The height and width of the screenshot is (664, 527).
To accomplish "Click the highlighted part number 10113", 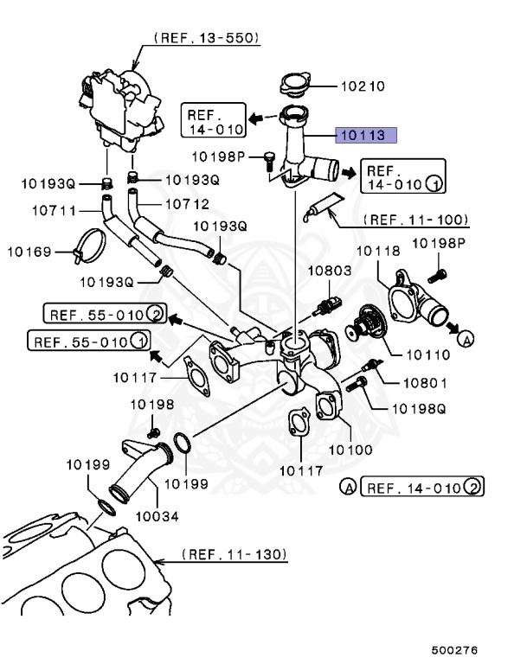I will click(366, 134).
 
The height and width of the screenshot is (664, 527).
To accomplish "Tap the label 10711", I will click(54, 210).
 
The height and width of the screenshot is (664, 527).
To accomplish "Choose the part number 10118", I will click(378, 251).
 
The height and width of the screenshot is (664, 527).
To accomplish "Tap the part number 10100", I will click(350, 450).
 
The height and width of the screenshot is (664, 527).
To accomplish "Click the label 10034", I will click(157, 517).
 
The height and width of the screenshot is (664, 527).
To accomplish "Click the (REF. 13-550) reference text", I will click(208, 37).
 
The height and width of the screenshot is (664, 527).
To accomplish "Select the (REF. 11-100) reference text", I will click(415, 220).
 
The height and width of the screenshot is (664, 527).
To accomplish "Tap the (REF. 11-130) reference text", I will click(235, 552).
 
